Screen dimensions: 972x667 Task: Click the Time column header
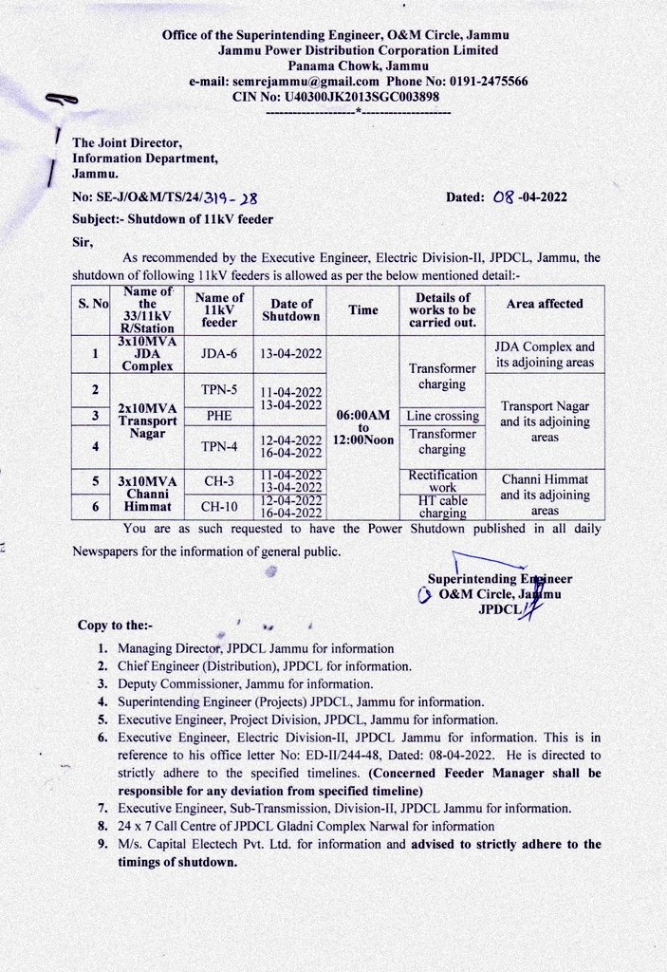pyautogui.click(x=362, y=310)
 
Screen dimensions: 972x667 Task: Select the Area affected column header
pyautogui.click(x=545, y=304)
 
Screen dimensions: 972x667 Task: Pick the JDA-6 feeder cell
pyautogui.click(x=219, y=353)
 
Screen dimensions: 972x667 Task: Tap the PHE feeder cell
pyautogui.click(x=219, y=416)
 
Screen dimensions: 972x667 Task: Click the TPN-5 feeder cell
pyautogui.click(x=219, y=389)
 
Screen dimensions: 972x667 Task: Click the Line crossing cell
pyautogui.click(x=441, y=416)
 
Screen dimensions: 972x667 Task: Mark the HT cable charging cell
pyautogui.click(x=441, y=506)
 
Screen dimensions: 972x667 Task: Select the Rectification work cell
pyautogui.click(x=441, y=480)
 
